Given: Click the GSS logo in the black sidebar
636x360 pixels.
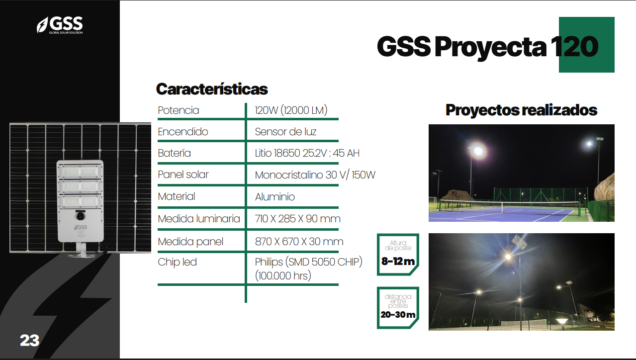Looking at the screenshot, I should coord(60,24).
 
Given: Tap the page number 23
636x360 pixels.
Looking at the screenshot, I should coord(30,341).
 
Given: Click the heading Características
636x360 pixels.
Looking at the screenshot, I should coord(212,89).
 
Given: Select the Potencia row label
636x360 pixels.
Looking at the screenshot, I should coord(179,110).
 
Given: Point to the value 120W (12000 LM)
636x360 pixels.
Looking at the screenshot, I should coord(291,110).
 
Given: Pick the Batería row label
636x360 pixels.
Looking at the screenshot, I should coord(174,153).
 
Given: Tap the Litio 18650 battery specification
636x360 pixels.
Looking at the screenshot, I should coord(307,153).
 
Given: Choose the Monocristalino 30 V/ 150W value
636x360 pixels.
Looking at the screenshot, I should coord(315,175).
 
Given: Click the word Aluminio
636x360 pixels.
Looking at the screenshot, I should coord(274,197).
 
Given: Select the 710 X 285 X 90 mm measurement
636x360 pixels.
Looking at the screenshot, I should coord(297,219).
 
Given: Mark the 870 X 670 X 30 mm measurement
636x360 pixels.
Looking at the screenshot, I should coord(299,242).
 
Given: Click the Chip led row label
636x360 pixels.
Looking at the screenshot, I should coord(177,262).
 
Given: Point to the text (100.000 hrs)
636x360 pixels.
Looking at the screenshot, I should coord(282,275).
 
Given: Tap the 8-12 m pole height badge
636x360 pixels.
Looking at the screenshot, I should coord(398,254).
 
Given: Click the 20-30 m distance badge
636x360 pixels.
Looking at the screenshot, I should coord(398,307).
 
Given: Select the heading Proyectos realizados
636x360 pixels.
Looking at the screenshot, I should coord(521,110).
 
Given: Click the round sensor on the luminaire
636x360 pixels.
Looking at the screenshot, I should coord(80,216).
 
